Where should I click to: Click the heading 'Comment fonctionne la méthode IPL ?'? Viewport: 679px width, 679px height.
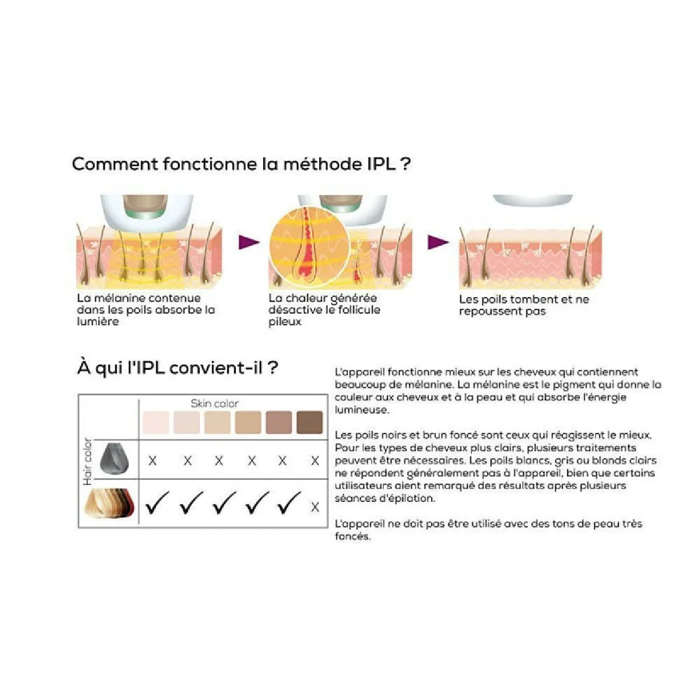point(241,164)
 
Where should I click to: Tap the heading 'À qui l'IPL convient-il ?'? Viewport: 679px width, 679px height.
point(178,368)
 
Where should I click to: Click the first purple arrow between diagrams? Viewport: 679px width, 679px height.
point(248,242)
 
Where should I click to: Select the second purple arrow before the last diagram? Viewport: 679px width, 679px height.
point(437,242)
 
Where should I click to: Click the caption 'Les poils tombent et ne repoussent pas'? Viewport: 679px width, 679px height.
point(523,305)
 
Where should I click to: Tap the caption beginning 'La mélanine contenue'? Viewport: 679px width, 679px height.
point(146,310)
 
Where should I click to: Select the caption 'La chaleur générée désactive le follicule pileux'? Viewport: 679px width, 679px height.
point(324,310)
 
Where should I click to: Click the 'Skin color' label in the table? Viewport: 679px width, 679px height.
point(214,403)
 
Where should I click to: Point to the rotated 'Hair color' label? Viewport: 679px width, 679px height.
point(88,461)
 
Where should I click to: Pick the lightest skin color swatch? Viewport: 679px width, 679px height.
point(156,423)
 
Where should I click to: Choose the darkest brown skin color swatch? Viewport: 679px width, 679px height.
point(310,423)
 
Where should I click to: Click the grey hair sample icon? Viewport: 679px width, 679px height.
point(115,459)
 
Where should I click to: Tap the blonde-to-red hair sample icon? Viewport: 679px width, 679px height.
point(110,503)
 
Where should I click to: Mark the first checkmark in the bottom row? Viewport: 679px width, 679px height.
point(157,503)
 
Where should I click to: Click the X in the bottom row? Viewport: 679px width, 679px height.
point(315,507)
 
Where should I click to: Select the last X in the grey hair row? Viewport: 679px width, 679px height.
point(315,461)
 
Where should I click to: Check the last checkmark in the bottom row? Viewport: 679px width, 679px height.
point(289,503)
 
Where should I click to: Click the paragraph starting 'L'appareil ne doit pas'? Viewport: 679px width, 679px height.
point(488,530)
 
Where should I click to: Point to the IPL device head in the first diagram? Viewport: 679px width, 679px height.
point(147,212)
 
